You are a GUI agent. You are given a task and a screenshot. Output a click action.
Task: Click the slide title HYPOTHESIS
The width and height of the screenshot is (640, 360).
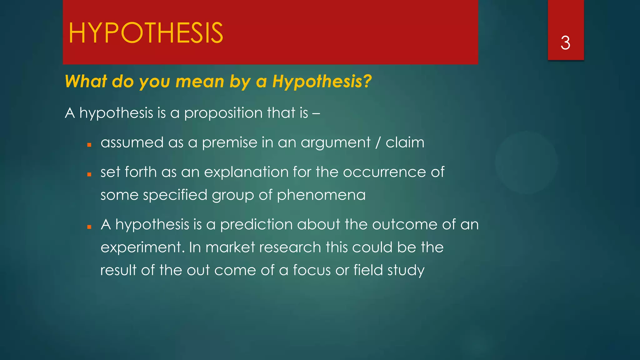[x=146, y=33]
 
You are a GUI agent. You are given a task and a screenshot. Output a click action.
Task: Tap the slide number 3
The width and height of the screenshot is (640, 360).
[x=565, y=43]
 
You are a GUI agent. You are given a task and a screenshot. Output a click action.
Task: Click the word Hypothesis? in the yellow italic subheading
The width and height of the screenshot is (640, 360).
[x=322, y=82]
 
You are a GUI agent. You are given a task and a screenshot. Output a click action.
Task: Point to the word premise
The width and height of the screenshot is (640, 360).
[x=229, y=143]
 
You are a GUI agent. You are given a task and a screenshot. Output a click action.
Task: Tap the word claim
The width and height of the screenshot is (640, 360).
[x=405, y=143]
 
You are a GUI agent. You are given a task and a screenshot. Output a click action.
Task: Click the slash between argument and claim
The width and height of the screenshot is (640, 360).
[x=378, y=143]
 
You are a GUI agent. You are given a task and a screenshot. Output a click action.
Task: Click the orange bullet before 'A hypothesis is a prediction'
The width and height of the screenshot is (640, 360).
[x=89, y=227]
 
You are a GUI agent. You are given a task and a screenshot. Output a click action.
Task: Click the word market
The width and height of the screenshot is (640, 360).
[x=230, y=247]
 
